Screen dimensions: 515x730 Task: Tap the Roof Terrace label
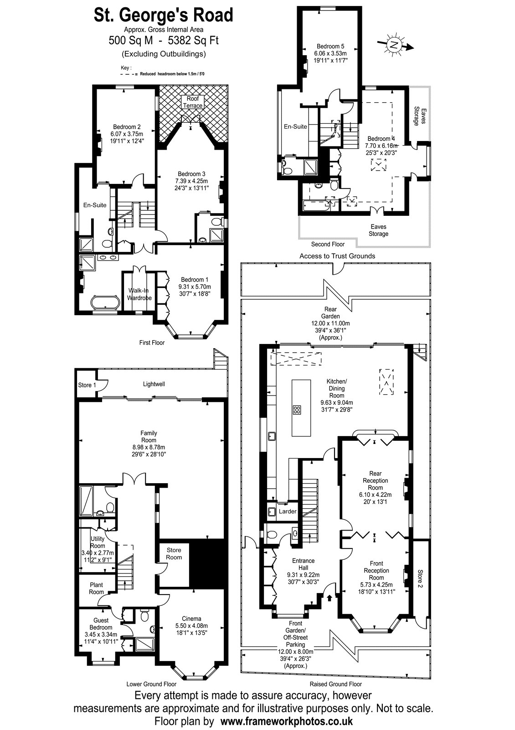click(193, 102)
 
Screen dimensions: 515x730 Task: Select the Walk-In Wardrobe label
click(139, 294)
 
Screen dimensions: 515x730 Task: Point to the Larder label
click(288, 511)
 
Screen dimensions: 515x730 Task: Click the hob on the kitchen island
click(297, 410)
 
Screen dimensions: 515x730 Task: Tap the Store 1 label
click(87, 385)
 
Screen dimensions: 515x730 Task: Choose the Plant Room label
click(96, 588)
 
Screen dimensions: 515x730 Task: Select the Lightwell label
click(154, 384)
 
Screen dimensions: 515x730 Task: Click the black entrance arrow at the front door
click(330, 598)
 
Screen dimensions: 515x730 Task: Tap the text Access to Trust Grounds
click(337, 256)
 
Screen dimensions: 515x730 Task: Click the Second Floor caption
click(328, 244)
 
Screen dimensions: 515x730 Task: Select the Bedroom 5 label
click(330, 46)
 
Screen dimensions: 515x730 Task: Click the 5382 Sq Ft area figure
click(193, 41)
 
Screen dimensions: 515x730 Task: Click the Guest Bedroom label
click(101, 624)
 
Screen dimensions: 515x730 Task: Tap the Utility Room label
click(98, 542)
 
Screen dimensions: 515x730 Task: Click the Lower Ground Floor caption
click(151, 684)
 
